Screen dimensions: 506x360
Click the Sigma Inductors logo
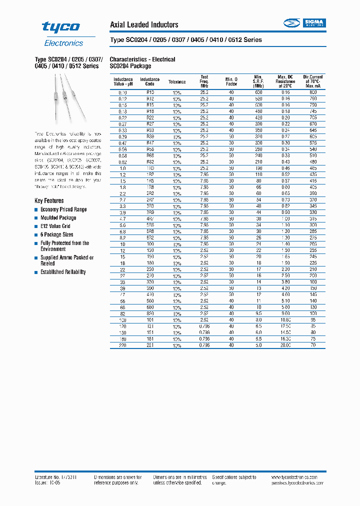click(x=304, y=23)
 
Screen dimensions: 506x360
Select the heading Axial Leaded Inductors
click(x=143, y=24)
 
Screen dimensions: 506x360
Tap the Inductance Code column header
click(x=149, y=82)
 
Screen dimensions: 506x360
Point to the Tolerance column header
click(x=176, y=82)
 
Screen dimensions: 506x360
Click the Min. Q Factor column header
click(x=231, y=82)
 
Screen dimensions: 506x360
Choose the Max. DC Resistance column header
click(x=285, y=82)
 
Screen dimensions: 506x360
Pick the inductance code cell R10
click(x=149, y=93)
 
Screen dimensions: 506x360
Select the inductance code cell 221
click(x=149, y=344)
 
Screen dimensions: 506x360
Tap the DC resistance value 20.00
click(x=285, y=344)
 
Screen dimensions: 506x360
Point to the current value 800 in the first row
click(x=313, y=93)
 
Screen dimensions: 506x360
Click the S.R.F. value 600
click(x=258, y=93)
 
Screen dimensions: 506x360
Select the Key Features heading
click(x=49, y=200)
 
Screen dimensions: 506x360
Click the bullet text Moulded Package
click(x=58, y=218)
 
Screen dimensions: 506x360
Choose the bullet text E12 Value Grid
click(x=55, y=226)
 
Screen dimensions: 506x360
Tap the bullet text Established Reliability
click(x=63, y=272)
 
